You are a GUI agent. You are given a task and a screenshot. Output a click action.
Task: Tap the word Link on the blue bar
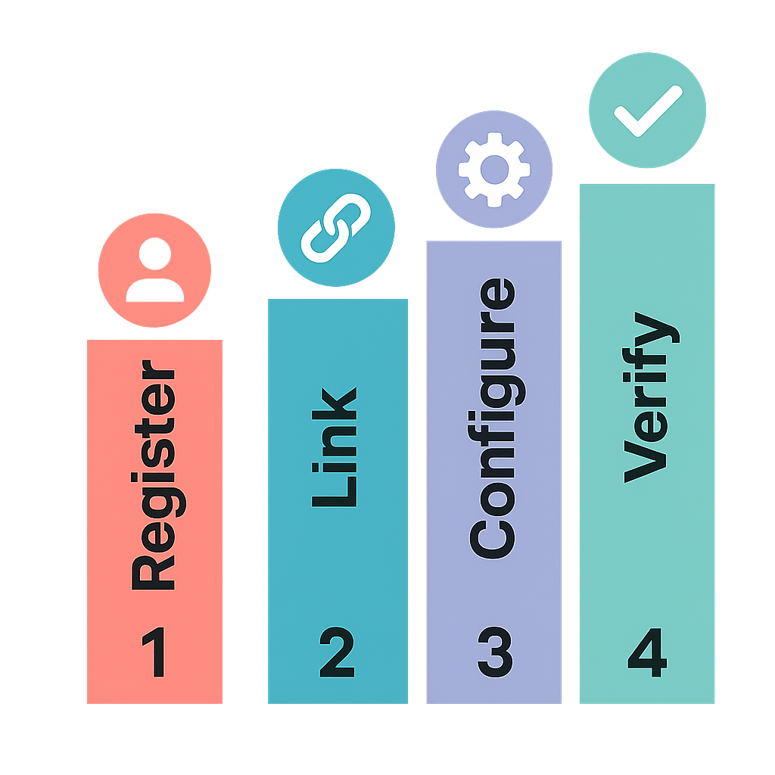pos(335,447)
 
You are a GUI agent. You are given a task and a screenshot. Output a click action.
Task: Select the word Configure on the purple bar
pos(493,418)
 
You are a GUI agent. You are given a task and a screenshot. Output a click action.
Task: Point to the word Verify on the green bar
pos(649,397)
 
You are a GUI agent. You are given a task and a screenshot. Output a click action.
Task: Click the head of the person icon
pos(154,254)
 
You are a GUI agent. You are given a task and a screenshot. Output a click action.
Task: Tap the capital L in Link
pos(335,493)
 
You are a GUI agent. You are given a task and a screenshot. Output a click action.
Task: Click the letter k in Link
pos(335,403)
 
